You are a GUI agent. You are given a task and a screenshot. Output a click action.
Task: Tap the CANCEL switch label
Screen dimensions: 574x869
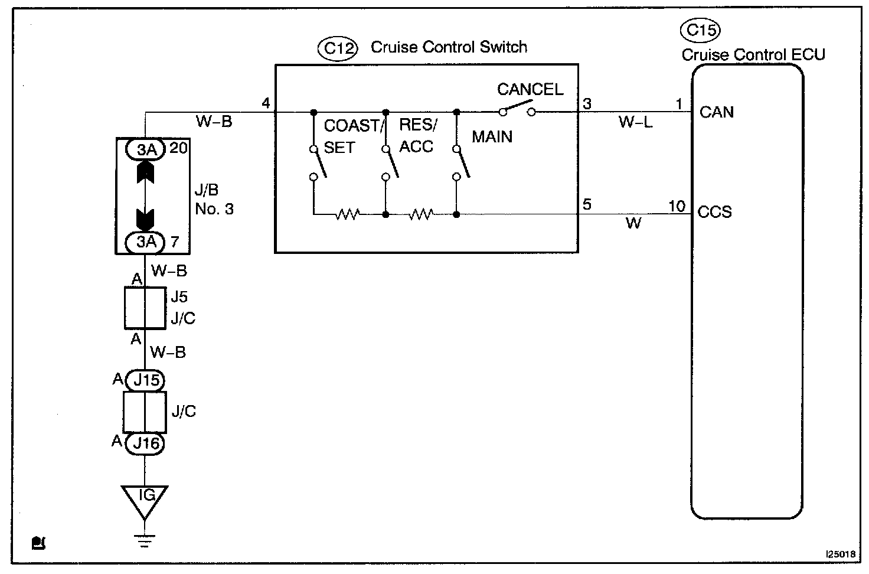pyautogui.click(x=530, y=89)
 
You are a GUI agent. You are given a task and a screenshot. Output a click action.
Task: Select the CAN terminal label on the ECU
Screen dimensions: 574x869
pyautogui.click(x=716, y=112)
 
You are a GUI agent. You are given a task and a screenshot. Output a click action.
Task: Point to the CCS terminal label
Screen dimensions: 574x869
pyautogui.click(x=714, y=211)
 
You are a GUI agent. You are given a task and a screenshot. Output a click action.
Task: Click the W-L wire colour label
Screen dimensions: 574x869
pyautogui.click(x=635, y=123)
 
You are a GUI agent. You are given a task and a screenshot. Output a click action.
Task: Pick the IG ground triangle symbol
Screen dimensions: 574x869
pyautogui.click(x=145, y=499)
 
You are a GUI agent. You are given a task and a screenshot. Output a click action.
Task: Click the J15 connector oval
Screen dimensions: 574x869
pyautogui.click(x=146, y=380)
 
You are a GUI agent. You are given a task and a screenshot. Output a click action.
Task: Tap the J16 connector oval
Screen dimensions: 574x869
pyautogui.click(x=146, y=442)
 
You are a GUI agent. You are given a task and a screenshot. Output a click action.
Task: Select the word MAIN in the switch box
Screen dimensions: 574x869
pyautogui.click(x=492, y=137)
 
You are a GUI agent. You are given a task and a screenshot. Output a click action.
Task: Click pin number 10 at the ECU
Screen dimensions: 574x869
pyautogui.click(x=677, y=206)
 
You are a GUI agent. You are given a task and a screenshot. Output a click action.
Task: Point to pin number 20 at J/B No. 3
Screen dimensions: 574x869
pyautogui.click(x=178, y=148)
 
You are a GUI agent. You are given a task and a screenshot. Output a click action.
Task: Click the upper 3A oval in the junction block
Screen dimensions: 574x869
pyautogui.click(x=146, y=150)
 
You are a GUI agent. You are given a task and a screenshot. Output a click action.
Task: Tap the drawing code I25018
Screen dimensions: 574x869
pyautogui.click(x=841, y=555)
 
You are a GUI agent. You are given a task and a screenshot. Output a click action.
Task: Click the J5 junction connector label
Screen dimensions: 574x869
pyautogui.click(x=179, y=296)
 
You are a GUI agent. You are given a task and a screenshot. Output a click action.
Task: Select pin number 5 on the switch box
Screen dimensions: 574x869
pyautogui.click(x=587, y=205)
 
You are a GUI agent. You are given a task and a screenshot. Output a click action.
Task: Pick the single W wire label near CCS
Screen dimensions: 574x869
pyautogui.click(x=633, y=223)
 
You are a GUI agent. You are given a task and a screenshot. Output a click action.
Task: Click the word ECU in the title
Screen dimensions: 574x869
pyautogui.click(x=809, y=55)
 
